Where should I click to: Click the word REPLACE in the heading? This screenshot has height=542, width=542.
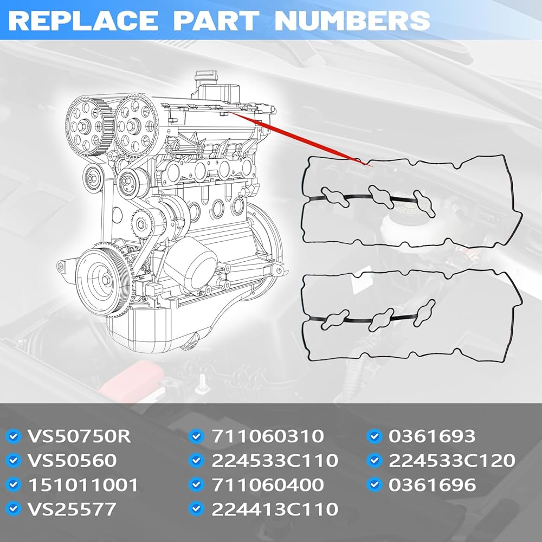pyautogui.click(x=83, y=21)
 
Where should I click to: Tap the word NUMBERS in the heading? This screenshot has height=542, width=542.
pyautogui.click(x=352, y=21)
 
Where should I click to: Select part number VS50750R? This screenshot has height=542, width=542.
pyautogui.click(x=79, y=436)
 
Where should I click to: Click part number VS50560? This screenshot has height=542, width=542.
pyautogui.click(x=72, y=460)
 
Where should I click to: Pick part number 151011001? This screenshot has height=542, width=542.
pyautogui.click(x=83, y=485)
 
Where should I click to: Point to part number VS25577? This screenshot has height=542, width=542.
pyautogui.click(x=72, y=509)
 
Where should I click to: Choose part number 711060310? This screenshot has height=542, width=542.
pyautogui.click(x=268, y=436)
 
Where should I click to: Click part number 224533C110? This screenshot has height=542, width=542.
pyautogui.click(x=275, y=460)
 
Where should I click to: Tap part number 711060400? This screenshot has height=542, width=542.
pyautogui.click(x=268, y=485)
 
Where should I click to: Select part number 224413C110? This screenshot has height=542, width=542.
pyautogui.click(x=275, y=509)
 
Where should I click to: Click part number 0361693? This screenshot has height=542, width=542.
pyautogui.click(x=432, y=436)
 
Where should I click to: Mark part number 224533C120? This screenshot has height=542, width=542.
pyautogui.click(x=452, y=460)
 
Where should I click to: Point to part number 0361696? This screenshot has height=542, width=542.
pyautogui.click(x=432, y=485)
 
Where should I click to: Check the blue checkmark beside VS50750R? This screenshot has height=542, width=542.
pyautogui.click(x=14, y=436)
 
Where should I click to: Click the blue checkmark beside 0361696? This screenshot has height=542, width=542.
pyautogui.click(x=375, y=485)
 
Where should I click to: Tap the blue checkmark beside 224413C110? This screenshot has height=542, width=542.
pyautogui.click(x=196, y=509)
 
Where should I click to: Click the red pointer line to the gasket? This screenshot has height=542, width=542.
pyautogui.click(x=300, y=139)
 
